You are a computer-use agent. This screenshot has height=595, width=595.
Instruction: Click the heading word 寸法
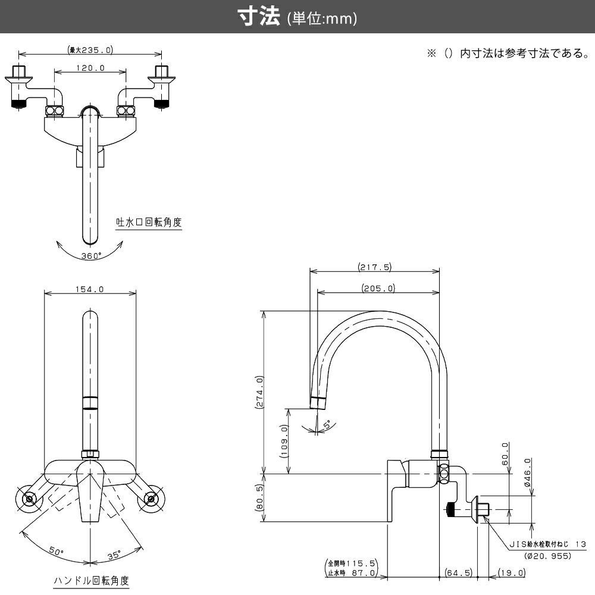pyautogui.click(x=259, y=17)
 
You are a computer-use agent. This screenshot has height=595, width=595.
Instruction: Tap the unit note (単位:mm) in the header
pyautogui.click(x=321, y=19)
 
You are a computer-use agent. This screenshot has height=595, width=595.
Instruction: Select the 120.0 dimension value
pyautogui.click(x=90, y=68)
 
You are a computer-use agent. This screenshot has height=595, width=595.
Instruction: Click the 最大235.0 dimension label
pyautogui.click(x=90, y=50)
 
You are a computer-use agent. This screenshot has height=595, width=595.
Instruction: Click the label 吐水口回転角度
pyautogui.click(x=149, y=223)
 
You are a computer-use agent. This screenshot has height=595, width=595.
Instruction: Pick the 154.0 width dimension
pyautogui.click(x=90, y=290)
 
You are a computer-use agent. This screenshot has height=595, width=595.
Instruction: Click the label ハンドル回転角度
pyautogui.click(x=90, y=581)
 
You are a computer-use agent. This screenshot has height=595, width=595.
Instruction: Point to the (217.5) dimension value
pyautogui.click(x=375, y=267)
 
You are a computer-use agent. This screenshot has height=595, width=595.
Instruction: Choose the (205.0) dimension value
pyautogui.click(x=378, y=289)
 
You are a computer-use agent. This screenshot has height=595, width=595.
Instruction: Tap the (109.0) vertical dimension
pyautogui.click(x=284, y=441)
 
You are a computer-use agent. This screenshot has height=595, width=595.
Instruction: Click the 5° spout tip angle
pyautogui.click(x=328, y=425)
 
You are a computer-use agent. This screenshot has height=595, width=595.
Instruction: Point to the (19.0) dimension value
pyautogui.click(x=511, y=573)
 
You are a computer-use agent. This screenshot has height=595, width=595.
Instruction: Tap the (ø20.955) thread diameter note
pyautogui.click(x=548, y=556)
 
